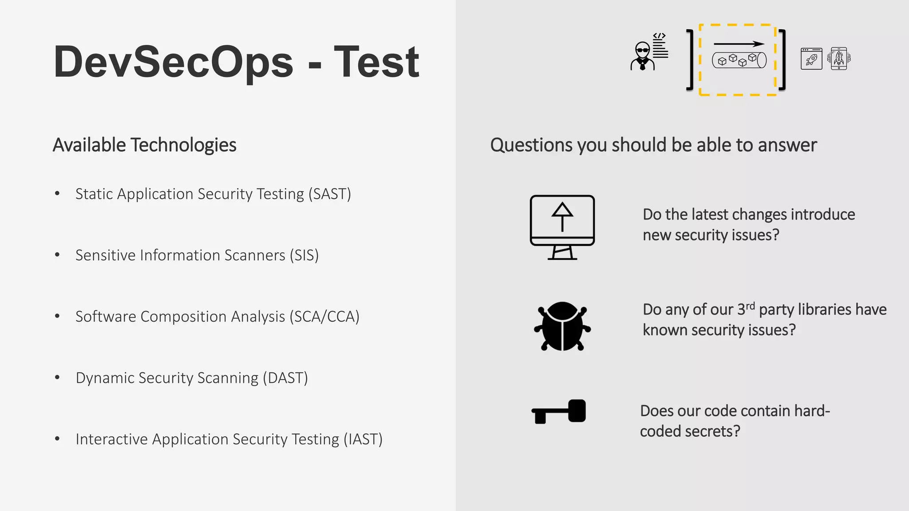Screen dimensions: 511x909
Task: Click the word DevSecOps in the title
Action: click(x=173, y=62)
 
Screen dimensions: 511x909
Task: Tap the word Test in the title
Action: click(x=376, y=62)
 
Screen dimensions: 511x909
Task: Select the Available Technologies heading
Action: click(x=144, y=145)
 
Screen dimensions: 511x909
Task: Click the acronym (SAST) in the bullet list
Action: click(x=330, y=194)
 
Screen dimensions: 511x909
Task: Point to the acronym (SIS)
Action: click(x=304, y=255)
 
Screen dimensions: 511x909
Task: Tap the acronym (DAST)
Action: click(x=285, y=377)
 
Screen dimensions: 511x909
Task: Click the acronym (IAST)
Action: click(x=363, y=439)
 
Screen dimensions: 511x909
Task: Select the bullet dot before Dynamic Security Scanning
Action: click(x=57, y=377)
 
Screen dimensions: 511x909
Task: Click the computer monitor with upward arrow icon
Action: click(x=562, y=227)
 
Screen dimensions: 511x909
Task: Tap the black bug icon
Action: click(x=562, y=326)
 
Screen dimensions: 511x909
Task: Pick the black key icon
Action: click(x=559, y=411)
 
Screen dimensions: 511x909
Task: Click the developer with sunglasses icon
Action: click(x=642, y=56)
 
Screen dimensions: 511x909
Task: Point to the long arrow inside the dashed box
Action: click(x=739, y=44)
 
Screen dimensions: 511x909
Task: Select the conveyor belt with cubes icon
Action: click(x=739, y=60)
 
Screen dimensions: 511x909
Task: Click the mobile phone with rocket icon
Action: click(x=839, y=58)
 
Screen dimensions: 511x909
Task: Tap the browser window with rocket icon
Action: click(x=811, y=59)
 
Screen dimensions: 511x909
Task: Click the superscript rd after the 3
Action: click(x=750, y=306)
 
